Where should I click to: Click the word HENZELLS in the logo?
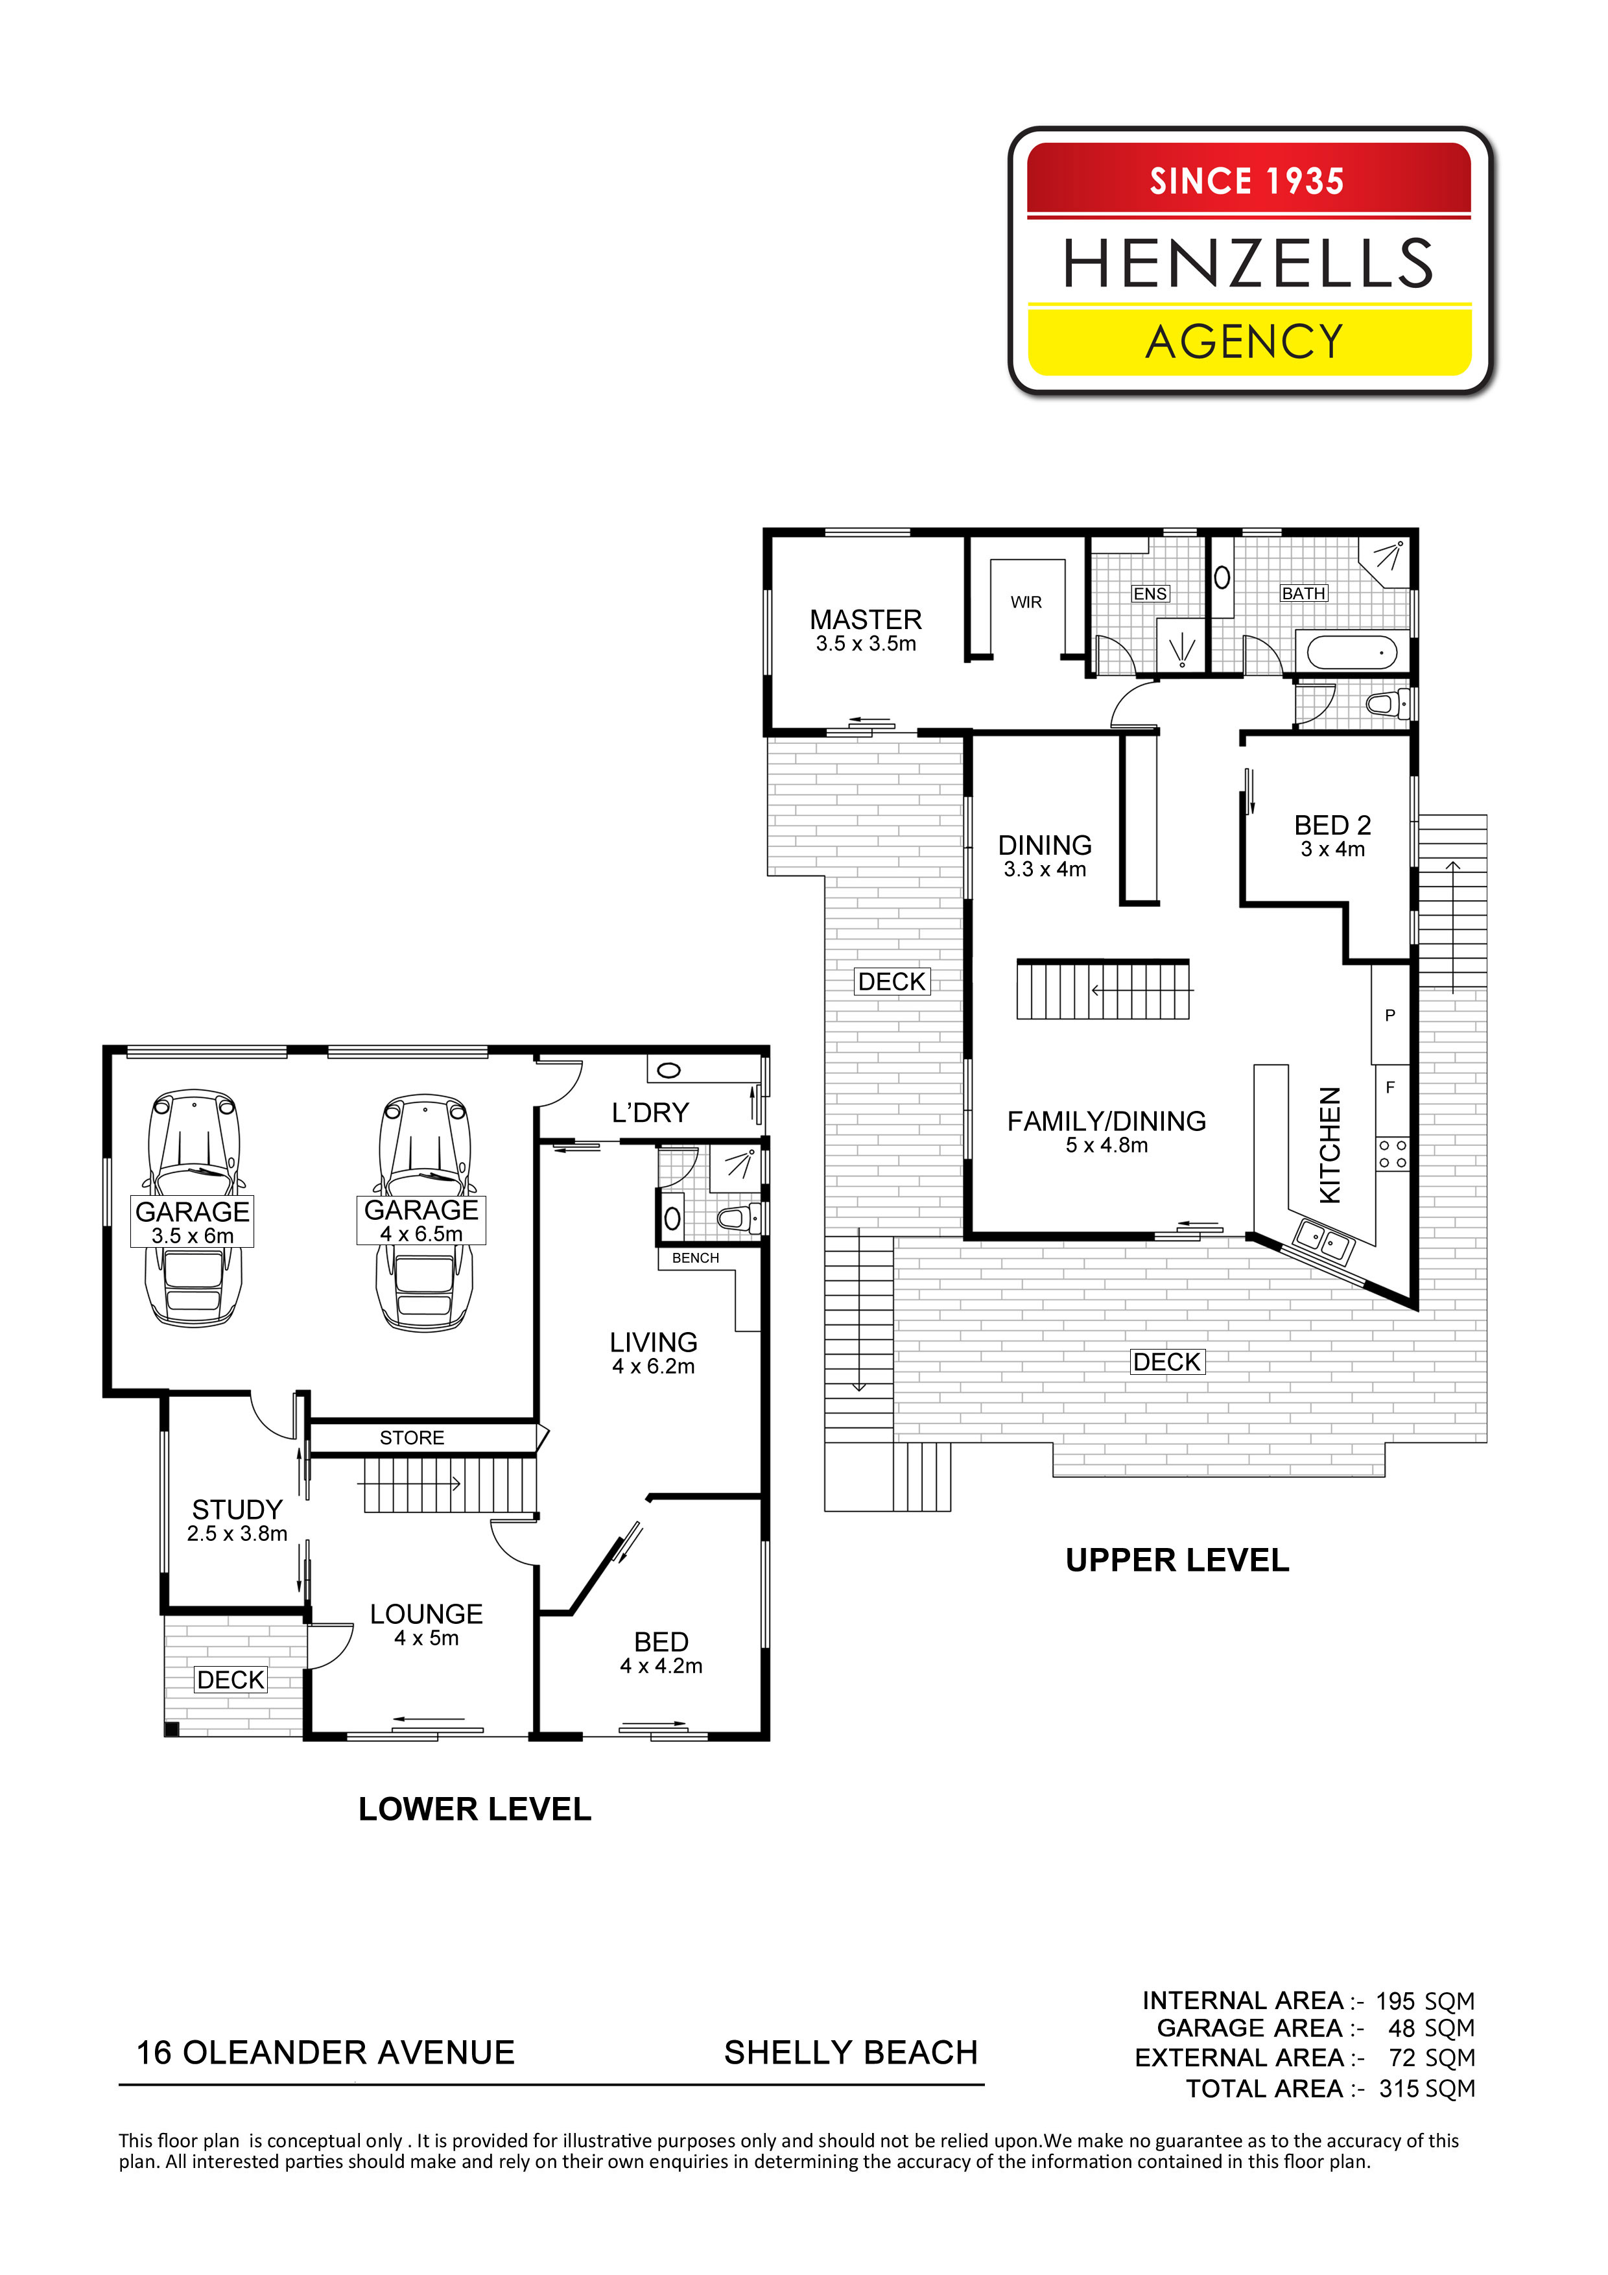[1247, 263]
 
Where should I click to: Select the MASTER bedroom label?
[866, 619]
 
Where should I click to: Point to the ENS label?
[1150, 593]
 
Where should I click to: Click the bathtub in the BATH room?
[1353, 653]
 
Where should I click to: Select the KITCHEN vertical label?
[1330, 1145]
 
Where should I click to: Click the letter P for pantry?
[1390, 1015]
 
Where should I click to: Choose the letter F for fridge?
[1390, 1087]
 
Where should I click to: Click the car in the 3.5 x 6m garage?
[194, 1209]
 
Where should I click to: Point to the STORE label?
[412, 1438]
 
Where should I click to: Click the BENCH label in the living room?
[696, 1257]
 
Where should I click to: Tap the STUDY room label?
[238, 1509]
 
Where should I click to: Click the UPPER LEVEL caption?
[1177, 1560]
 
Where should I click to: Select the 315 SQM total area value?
[1426, 2088]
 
